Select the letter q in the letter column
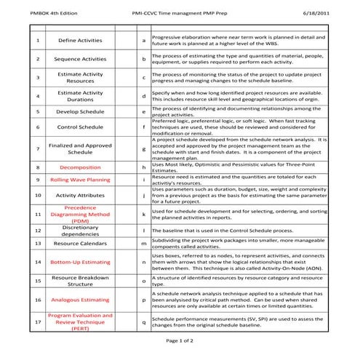[144, 321]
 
